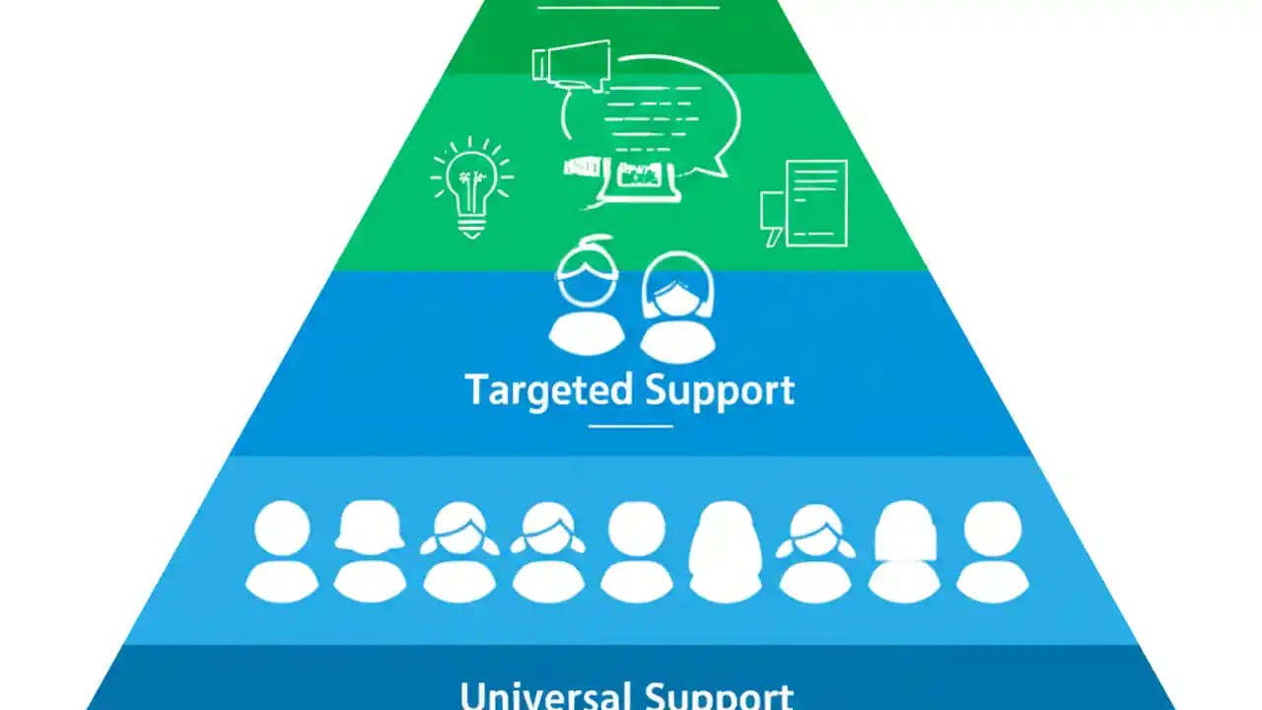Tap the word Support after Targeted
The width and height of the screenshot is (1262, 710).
point(720,390)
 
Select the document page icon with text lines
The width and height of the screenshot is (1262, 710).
point(815,202)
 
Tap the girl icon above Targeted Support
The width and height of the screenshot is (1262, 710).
point(677,306)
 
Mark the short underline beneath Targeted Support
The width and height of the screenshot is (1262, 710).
point(631,426)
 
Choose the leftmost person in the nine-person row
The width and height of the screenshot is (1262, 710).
point(282,552)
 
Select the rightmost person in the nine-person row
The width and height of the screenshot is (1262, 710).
point(992,552)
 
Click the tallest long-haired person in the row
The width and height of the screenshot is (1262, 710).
point(726,552)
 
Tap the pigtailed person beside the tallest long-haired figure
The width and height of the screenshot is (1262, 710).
point(814,552)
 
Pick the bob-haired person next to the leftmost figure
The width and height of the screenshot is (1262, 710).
point(370,552)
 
